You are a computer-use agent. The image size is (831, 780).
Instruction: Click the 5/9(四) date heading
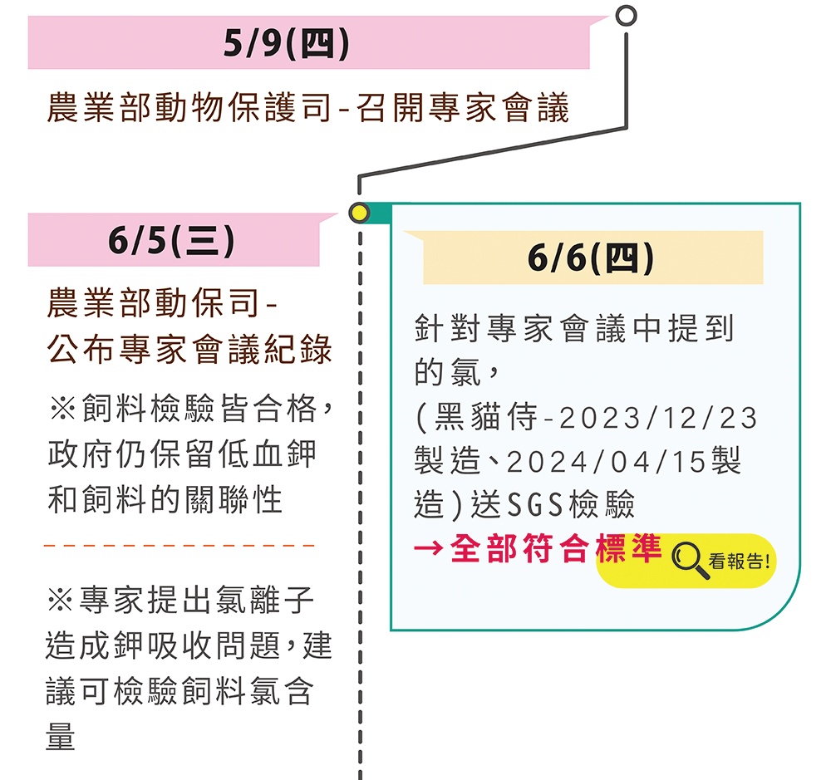(286, 44)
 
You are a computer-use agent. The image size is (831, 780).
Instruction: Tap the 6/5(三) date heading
(171, 241)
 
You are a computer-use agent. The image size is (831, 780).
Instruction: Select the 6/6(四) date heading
(591, 258)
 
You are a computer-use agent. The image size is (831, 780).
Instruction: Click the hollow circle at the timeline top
(627, 16)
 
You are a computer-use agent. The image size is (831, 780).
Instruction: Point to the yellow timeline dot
(359, 213)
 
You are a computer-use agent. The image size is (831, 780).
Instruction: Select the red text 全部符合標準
(556, 548)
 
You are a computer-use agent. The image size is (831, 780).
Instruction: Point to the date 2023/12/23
(658, 418)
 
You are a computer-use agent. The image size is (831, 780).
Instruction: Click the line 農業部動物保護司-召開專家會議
(307, 109)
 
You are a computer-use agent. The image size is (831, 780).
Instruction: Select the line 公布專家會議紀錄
(189, 349)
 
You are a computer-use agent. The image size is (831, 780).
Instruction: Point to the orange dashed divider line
(179, 547)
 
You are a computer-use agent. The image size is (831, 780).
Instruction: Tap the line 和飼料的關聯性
(165, 500)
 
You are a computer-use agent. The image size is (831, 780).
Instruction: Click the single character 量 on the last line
(61, 735)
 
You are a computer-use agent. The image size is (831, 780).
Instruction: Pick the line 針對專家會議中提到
(575, 329)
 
